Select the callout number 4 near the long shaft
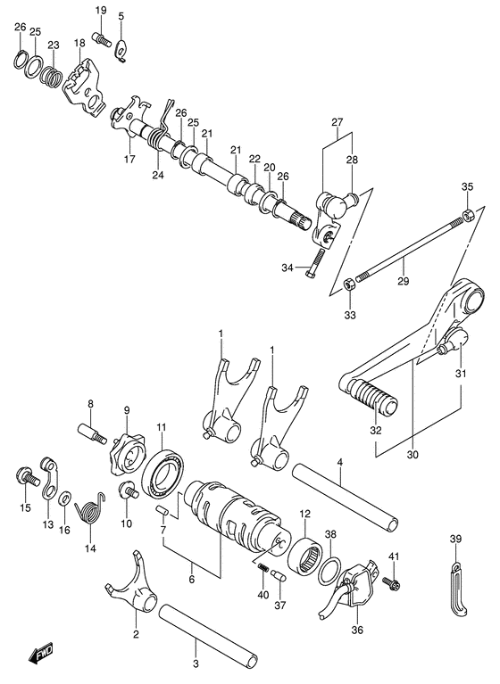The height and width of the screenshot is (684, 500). tap(340, 461)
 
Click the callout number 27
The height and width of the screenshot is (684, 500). tap(336, 121)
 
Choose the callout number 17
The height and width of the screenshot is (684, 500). tap(129, 160)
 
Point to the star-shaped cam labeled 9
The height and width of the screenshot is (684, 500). tap(126, 456)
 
